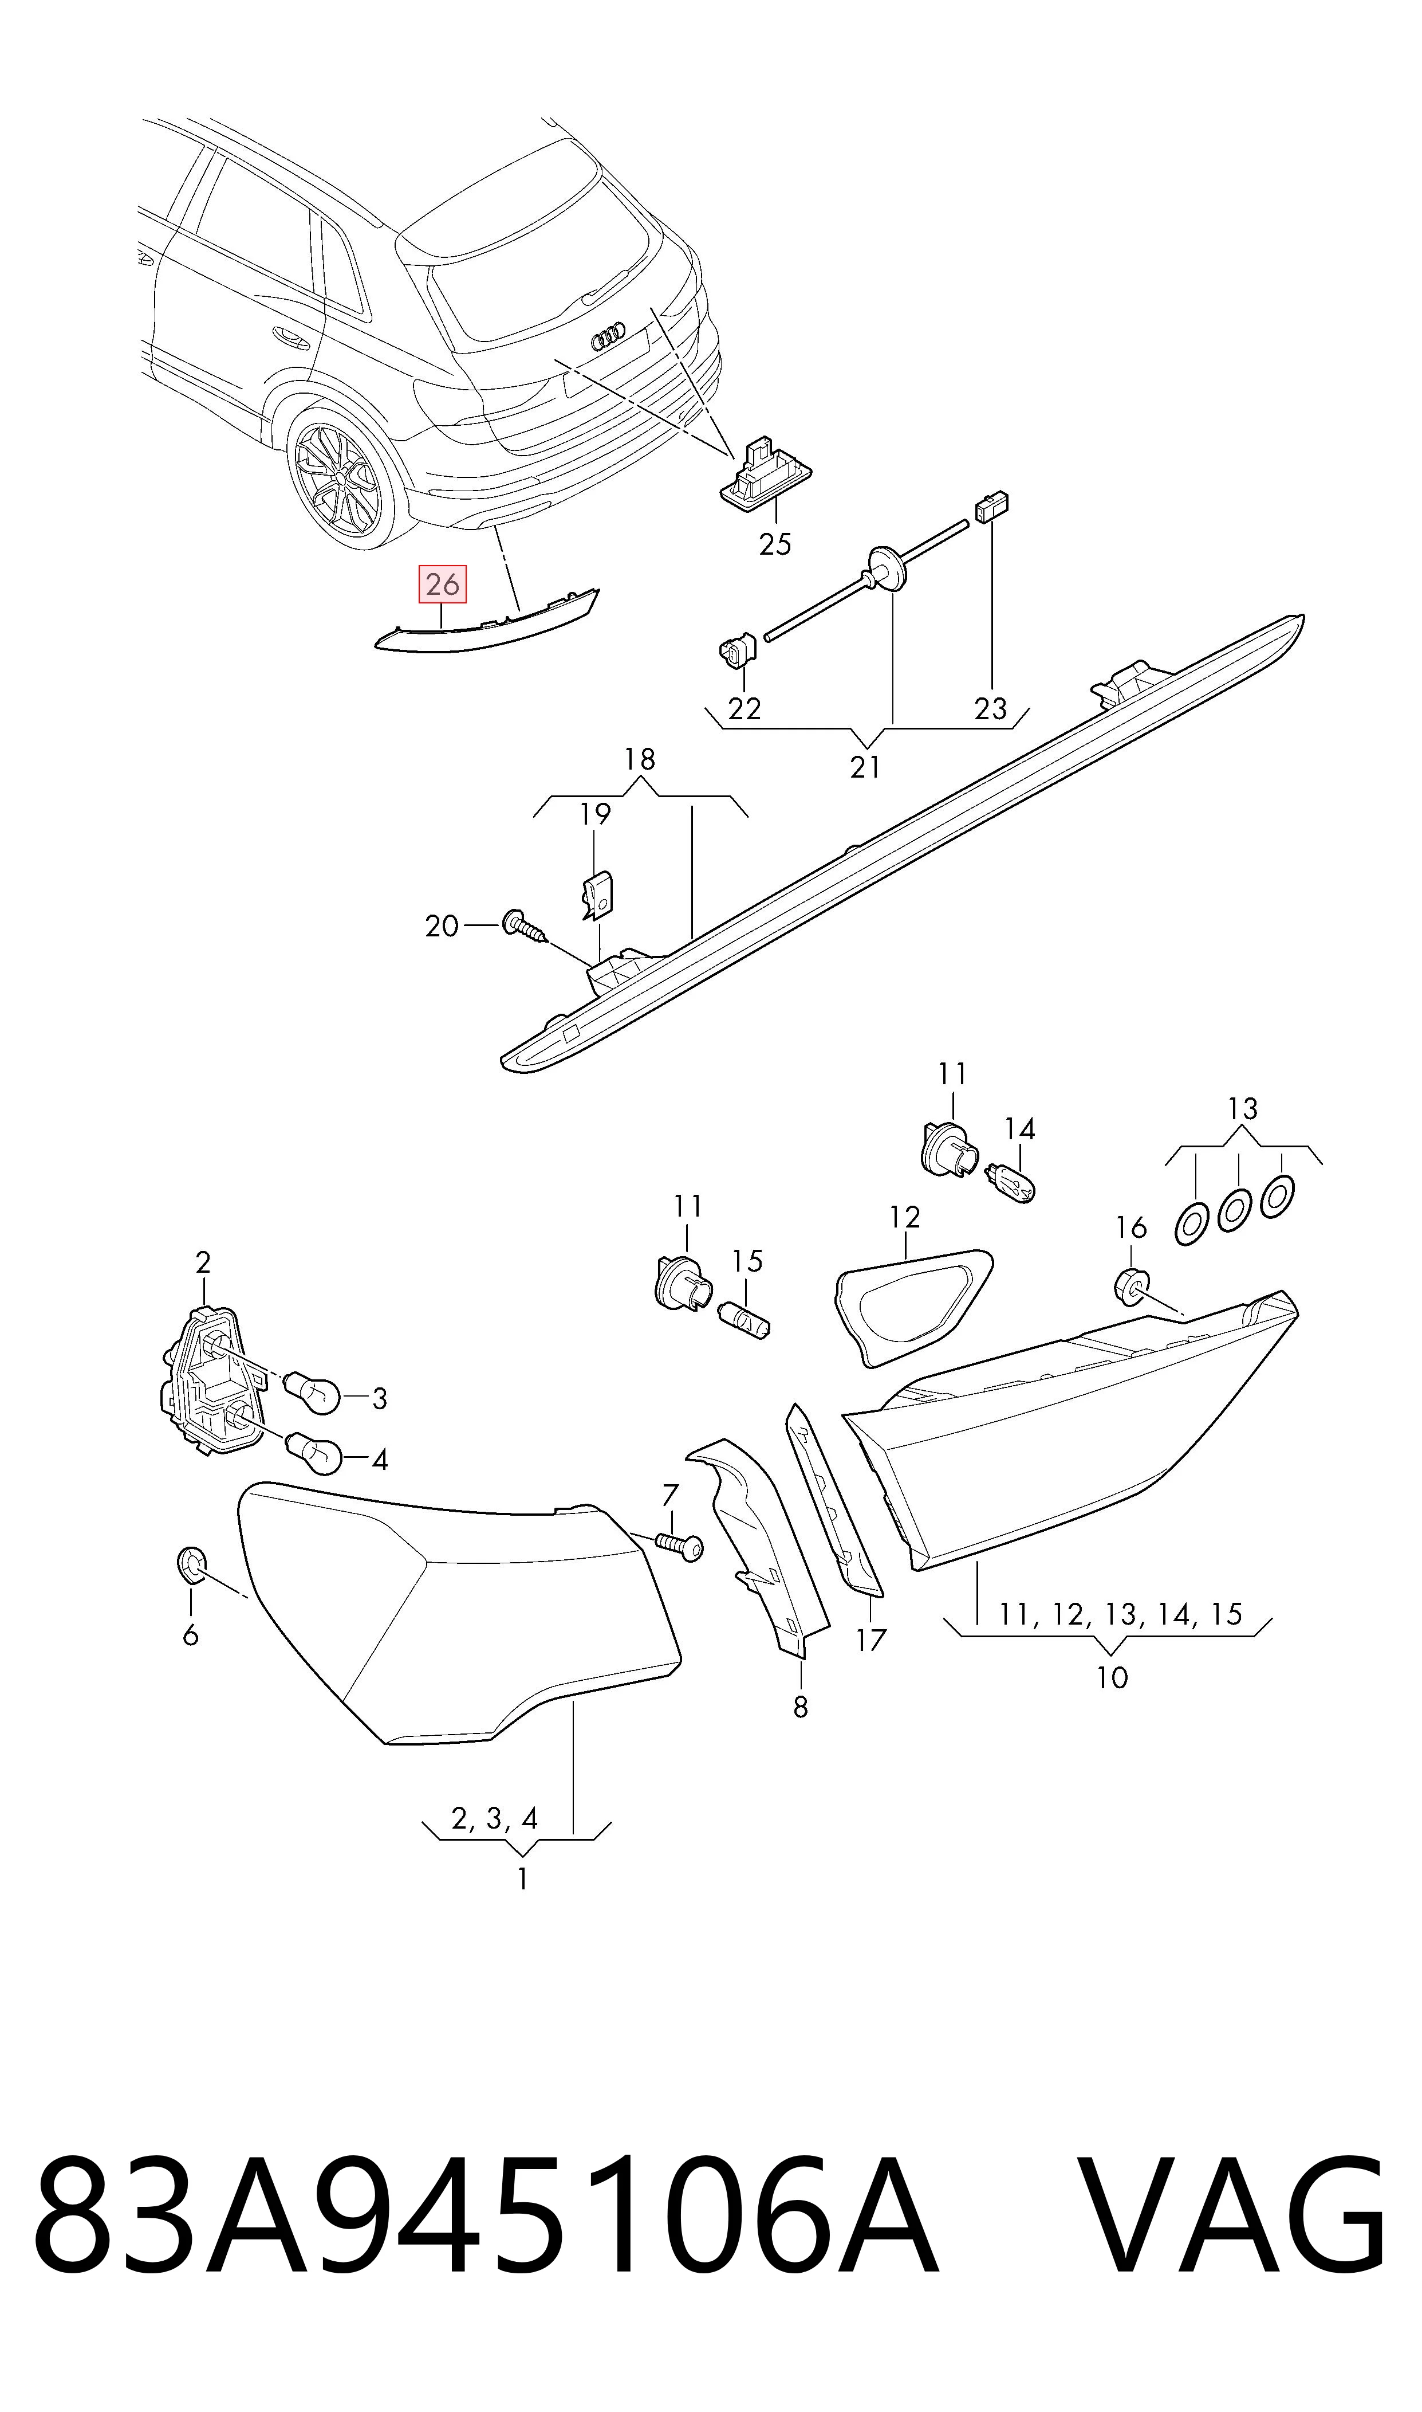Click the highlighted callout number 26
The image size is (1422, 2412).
pos(442,584)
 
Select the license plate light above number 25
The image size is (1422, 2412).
pos(766,473)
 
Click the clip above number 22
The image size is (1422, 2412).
pos(736,650)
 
